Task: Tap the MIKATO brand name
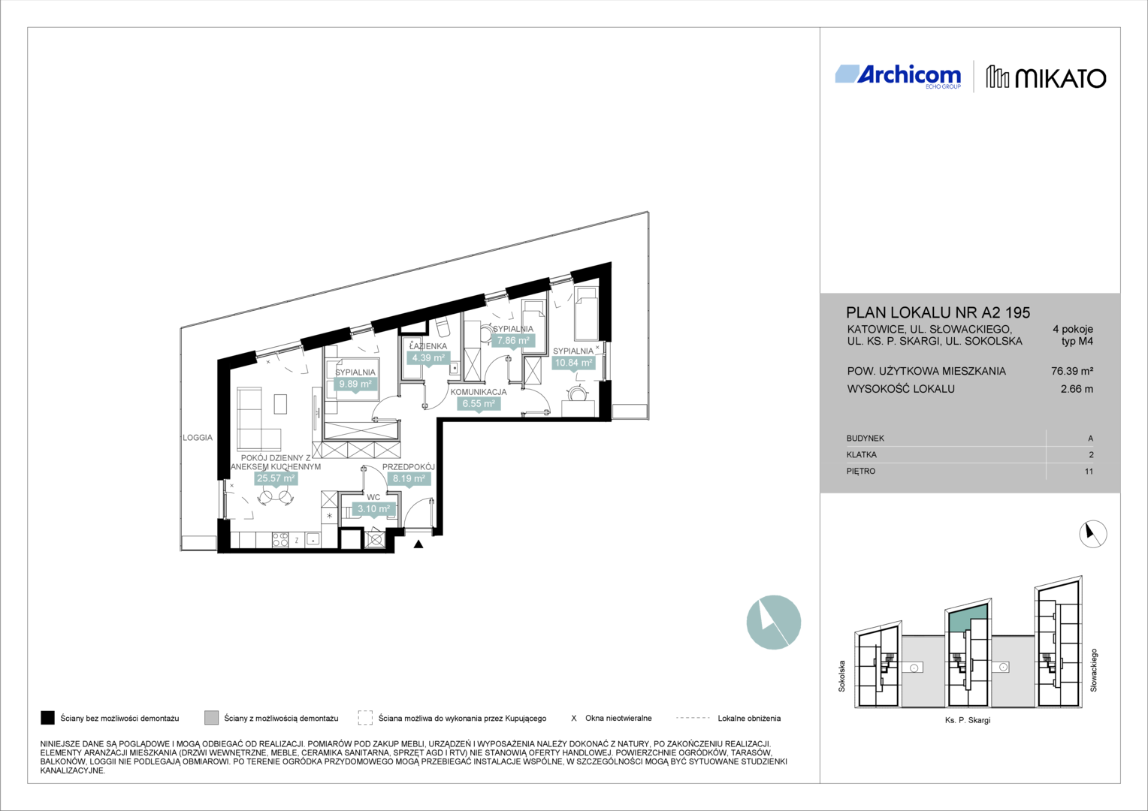pos(1060,79)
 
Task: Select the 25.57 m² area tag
pos(276,478)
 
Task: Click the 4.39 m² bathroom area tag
pos(428,358)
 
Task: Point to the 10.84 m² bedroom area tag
pos(573,363)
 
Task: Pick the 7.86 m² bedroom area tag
pos(513,340)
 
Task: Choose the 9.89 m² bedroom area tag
pos(355,384)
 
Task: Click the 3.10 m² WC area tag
pos(373,508)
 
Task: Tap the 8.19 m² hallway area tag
pos(409,478)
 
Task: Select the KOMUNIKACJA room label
pos(479,392)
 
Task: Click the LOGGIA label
pos(198,438)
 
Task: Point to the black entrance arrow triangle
pos(418,544)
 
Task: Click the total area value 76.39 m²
pos(1072,371)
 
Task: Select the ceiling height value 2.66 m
pos(1077,389)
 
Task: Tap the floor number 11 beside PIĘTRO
pos(1089,472)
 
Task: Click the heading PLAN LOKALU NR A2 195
pos(938,312)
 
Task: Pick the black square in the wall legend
pos(47,718)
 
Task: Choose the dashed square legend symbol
pos(365,718)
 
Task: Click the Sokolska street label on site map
pos(841,676)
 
